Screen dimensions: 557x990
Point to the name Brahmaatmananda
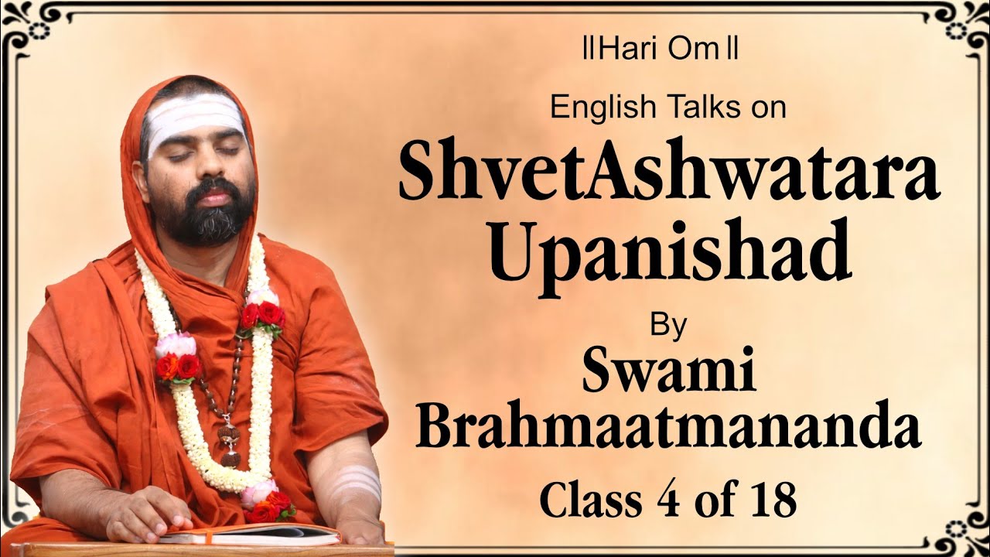coord(668,429)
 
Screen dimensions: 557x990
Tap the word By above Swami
coord(668,326)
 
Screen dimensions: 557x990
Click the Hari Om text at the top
coord(661,52)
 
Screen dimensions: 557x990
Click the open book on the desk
coord(255,533)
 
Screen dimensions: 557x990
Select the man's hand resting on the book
coord(147,514)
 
